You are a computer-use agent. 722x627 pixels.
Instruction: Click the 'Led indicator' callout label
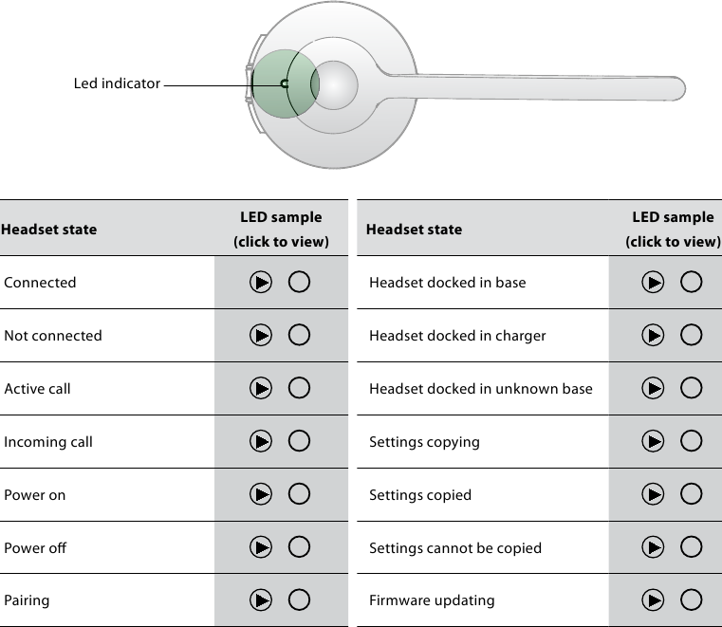click(117, 83)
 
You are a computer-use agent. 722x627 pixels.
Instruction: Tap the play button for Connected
click(261, 282)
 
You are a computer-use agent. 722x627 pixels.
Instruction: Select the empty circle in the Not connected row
click(299, 335)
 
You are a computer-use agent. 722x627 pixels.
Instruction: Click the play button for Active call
click(261, 388)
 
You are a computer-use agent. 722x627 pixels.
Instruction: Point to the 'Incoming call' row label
click(48, 441)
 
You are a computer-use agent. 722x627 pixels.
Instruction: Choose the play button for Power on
click(261, 494)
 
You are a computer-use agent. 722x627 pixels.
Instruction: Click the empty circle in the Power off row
click(299, 547)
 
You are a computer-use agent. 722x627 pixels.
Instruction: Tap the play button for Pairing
click(261, 599)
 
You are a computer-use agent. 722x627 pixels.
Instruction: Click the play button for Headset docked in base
click(653, 282)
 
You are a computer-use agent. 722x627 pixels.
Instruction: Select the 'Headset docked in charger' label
click(457, 335)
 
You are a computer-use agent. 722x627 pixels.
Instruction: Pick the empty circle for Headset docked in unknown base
click(692, 388)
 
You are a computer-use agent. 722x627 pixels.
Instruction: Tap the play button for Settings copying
click(653, 441)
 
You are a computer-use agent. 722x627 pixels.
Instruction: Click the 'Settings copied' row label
click(419, 494)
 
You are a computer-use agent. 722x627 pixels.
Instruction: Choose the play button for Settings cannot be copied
click(653, 547)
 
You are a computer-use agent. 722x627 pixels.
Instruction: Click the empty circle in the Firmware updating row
click(692, 599)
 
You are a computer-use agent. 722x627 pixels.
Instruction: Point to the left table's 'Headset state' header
click(48, 229)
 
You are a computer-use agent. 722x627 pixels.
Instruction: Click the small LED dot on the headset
click(284, 84)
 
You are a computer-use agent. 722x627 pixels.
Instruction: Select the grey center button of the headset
click(335, 85)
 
